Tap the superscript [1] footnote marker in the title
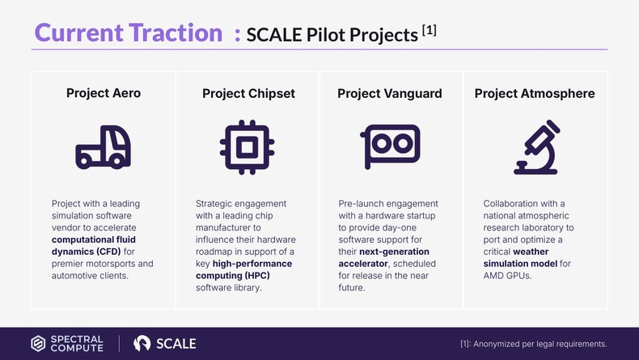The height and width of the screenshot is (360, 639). (430, 30)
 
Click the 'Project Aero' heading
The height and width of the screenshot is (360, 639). (103, 93)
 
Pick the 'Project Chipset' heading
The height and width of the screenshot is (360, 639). (248, 94)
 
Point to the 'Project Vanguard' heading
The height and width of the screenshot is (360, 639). (389, 93)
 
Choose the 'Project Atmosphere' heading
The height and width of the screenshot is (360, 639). (534, 93)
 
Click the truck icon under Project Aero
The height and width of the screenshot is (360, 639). (103, 148)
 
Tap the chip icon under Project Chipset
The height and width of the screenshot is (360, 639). (246, 148)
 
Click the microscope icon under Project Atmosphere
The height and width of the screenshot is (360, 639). (535, 148)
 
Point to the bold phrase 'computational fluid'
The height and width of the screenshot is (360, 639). (95, 240)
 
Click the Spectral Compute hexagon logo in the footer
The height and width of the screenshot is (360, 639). (38, 343)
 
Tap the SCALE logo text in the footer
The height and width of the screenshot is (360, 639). (175, 343)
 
